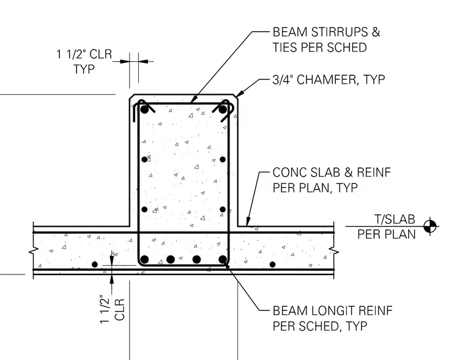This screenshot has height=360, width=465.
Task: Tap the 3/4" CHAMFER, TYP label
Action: coord(329,79)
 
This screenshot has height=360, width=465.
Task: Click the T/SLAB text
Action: coord(395,219)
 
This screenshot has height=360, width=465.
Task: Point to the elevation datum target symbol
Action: coord(430,227)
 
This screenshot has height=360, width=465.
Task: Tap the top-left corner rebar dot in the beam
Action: coord(144,109)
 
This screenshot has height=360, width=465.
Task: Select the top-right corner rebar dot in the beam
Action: coord(223,109)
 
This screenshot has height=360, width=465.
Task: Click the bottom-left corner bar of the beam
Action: coord(144,260)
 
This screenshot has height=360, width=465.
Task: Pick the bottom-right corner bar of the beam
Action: coord(223,260)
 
